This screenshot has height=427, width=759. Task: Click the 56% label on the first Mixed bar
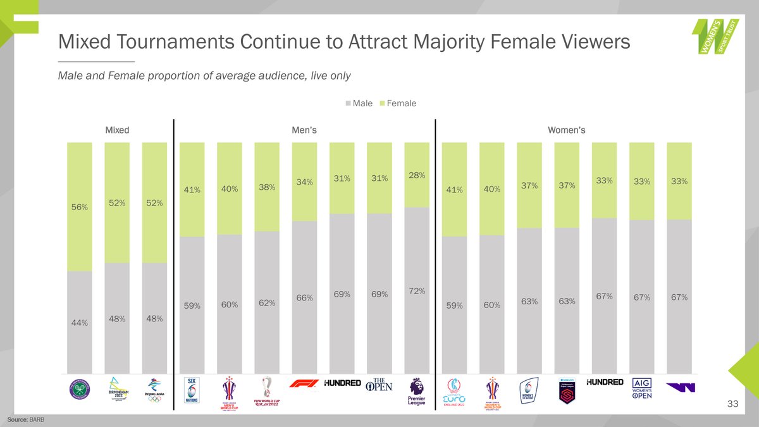pos(79,207)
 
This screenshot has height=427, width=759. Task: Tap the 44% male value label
pos(79,323)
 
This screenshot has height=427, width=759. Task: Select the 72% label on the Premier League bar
pos(417,291)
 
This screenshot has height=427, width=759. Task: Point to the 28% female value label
pos(417,175)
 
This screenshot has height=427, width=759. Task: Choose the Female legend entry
pos(397,103)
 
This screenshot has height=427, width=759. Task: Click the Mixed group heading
pos(117,130)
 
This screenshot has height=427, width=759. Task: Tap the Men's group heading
pos(304,130)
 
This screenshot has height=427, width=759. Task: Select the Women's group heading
pos(566,130)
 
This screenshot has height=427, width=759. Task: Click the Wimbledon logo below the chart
pos(79,391)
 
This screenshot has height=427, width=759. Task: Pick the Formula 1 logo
pos(304,383)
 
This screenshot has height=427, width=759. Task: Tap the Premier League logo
pos(417,392)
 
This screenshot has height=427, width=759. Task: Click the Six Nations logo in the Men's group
pos(192,391)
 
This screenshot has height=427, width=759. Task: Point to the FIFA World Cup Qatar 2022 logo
pos(267,392)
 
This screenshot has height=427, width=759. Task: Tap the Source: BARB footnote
pos(27,420)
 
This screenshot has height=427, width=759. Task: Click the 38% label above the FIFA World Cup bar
pos(267,187)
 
